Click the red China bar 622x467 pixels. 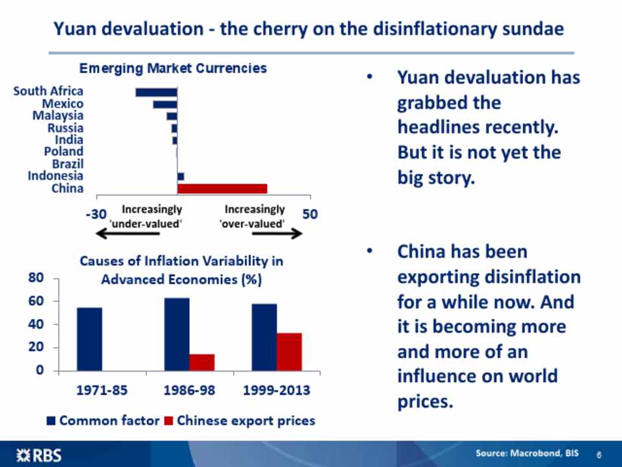tap(222, 188)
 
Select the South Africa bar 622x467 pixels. tap(156, 92)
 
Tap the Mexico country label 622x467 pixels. tap(63, 104)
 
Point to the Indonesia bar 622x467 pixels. tap(181, 176)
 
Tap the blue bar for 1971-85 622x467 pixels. tap(89, 339)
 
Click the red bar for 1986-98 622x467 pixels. tap(202, 363)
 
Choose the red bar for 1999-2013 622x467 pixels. tap(289, 352)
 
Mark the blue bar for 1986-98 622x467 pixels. tap(177, 334)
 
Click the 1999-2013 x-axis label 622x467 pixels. tap(276, 391)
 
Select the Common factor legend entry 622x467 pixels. tap(104, 421)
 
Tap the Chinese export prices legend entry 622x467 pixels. tap(239, 421)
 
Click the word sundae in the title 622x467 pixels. tap(530, 29)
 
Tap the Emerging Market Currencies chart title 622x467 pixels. tap(172, 68)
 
